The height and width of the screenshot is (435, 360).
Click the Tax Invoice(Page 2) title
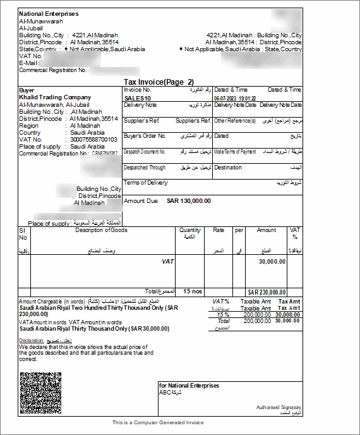pyautogui.click(x=159, y=82)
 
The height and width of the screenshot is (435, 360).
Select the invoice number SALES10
pyautogui.click(x=138, y=99)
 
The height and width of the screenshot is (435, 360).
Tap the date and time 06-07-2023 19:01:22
pyautogui.click(x=235, y=99)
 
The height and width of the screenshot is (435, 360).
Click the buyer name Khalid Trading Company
pyautogui.click(x=55, y=97)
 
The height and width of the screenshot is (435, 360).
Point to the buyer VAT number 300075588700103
pyautogui.click(x=93, y=139)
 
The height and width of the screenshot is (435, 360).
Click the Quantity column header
pyautogui.click(x=189, y=231)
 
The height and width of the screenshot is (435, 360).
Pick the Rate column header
pyautogui.click(x=219, y=231)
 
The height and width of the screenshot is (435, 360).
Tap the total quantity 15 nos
pyautogui.click(x=192, y=291)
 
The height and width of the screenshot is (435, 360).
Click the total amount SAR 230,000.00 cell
pyautogui.click(x=267, y=292)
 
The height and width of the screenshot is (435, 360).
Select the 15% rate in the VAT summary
pyautogui.click(x=222, y=314)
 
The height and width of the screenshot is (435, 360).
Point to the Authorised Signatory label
pyautogui.click(x=279, y=407)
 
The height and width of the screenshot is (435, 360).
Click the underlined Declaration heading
pyautogui.click(x=31, y=340)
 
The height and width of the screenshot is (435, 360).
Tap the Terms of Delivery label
pyautogui.click(x=146, y=183)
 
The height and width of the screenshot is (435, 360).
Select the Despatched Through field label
pyautogui.click(x=145, y=168)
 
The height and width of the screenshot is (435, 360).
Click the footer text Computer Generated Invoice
pyautogui.click(x=158, y=422)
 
